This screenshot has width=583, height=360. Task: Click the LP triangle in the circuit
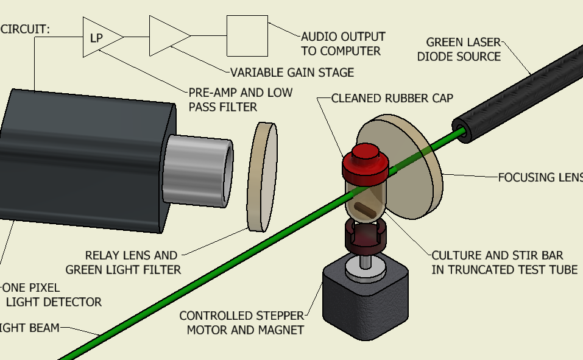coord(99,38)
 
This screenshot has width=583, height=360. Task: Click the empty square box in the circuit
coord(247,36)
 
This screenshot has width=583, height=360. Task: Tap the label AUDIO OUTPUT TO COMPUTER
coord(343,44)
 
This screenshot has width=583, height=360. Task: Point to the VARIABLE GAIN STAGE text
coord(292,72)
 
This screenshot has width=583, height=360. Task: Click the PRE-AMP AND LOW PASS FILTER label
coord(240,99)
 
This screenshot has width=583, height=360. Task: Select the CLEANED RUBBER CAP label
coord(392,98)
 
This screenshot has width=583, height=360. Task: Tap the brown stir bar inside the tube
coord(366,208)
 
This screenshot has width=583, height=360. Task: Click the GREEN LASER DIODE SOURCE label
coord(463,49)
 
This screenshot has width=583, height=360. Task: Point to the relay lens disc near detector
coord(263,177)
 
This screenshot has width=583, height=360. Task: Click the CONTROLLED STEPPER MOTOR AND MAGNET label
coord(242,323)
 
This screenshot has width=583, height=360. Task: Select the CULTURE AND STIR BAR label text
coord(504,262)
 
